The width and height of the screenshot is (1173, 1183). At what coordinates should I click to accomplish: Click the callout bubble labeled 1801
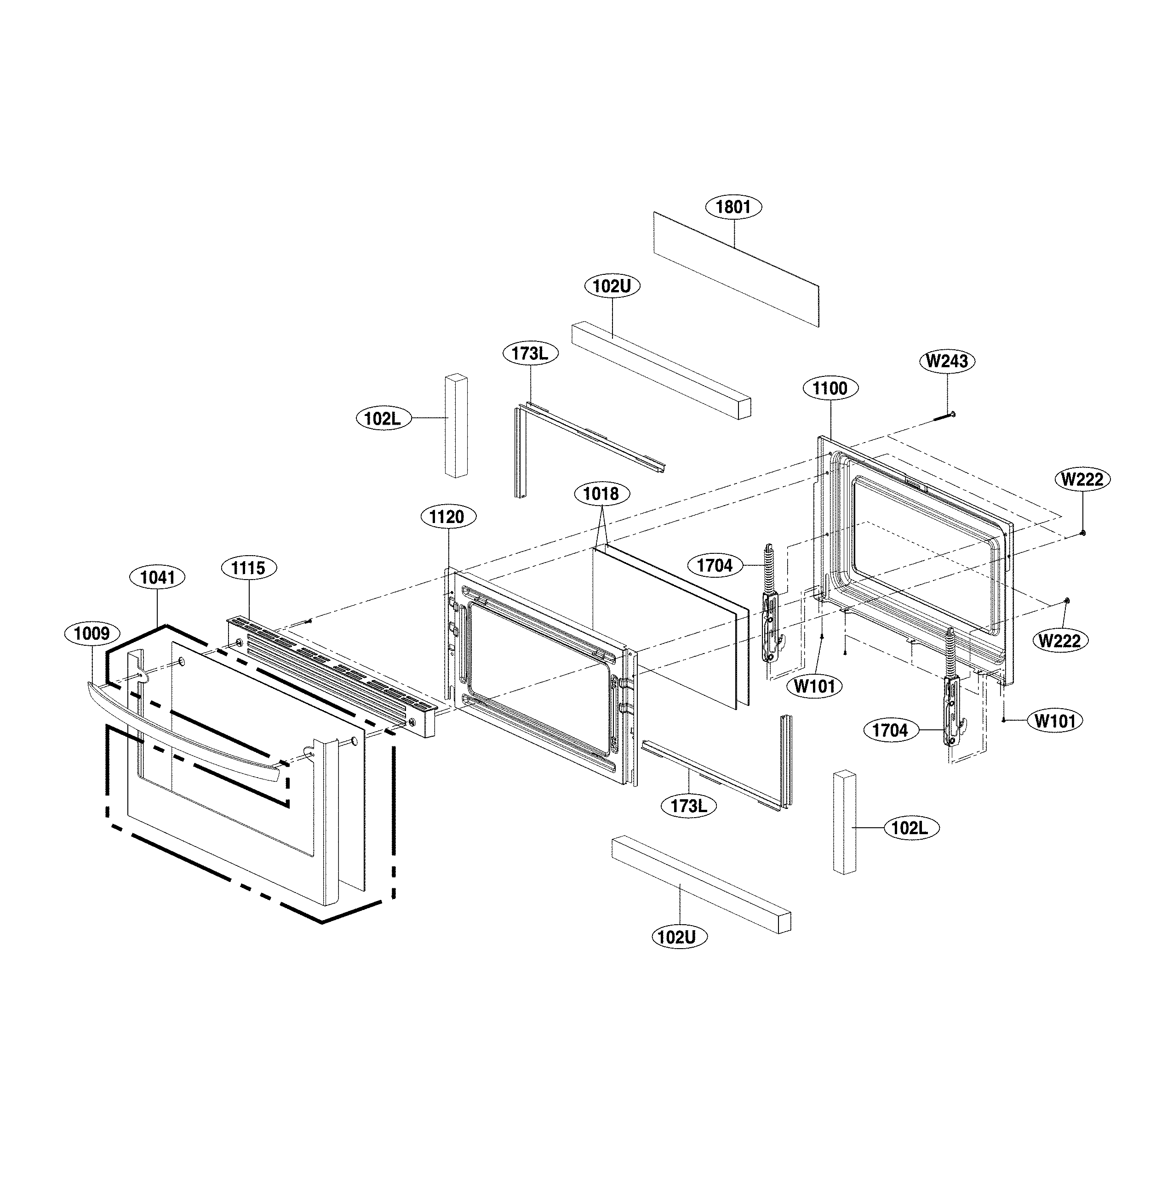733,207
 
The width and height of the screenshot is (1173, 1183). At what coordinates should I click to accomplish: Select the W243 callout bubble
947,361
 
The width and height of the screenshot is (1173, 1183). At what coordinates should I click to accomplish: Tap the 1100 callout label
830,388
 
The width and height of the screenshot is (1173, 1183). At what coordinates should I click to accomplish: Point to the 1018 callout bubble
601,494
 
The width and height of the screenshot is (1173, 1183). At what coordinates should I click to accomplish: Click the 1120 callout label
446,517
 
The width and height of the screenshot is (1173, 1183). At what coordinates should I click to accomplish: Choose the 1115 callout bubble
248,568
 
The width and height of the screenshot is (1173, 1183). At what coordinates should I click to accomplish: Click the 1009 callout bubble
92,633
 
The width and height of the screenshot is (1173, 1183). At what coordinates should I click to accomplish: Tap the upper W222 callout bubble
1082,479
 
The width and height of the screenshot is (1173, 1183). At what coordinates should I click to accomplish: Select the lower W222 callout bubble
1060,641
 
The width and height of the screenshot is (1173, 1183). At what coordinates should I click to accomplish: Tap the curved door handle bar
184,735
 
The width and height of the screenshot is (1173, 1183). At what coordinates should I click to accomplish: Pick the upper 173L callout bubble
531,353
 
